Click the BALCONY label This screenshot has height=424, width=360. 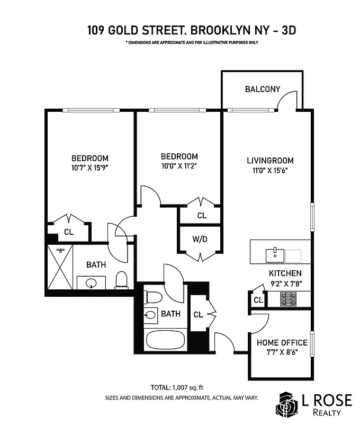pos(262,89)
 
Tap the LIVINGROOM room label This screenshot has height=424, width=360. pos(270,160)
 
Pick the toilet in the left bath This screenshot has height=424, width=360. pos(122,279)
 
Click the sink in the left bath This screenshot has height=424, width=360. pos(89,282)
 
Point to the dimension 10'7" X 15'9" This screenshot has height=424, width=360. pos(90,167)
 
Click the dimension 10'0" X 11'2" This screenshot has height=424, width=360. pos(179,166)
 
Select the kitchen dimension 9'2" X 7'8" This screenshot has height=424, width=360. pos(285,284)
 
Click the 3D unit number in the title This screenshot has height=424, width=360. pos(288,30)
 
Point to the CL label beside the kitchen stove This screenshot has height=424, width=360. pos(258,300)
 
